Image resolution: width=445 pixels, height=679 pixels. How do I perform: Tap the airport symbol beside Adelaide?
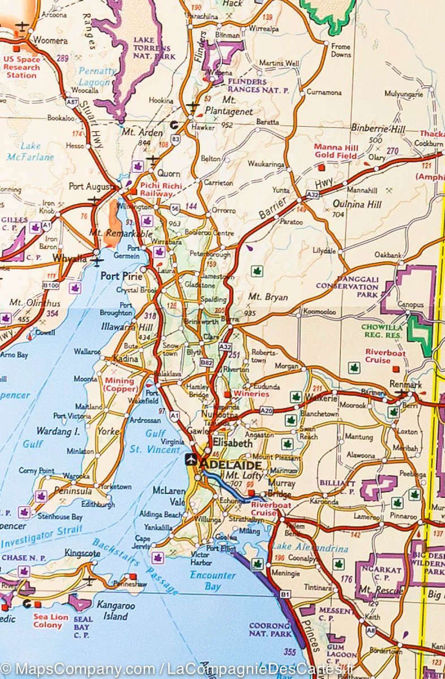[191, 459]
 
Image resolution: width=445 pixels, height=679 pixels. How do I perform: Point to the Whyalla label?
[69, 259]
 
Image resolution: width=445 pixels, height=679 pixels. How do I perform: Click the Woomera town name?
[50, 41]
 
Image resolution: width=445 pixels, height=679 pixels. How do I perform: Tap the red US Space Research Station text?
[22, 67]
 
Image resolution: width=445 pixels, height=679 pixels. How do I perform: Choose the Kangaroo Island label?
[112, 610]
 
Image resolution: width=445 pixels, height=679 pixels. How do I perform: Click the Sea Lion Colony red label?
[50, 621]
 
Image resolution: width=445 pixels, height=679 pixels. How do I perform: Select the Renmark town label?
[406, 384]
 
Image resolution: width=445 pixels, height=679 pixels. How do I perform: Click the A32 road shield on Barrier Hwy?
[311, 194]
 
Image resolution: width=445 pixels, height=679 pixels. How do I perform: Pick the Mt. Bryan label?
[268, 297]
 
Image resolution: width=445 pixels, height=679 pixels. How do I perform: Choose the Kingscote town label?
[83, 552]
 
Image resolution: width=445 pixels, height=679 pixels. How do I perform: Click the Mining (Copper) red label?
[120, 385]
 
